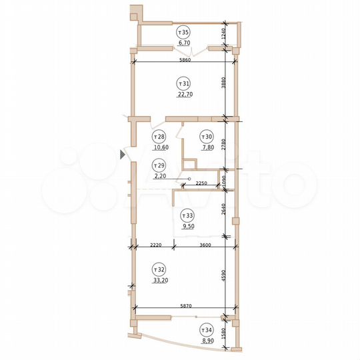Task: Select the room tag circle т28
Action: (159, 136)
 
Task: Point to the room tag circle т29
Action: (159, 165)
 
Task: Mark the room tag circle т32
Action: (159, 270)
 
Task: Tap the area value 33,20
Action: (159, 281)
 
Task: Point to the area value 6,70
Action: (183, 43)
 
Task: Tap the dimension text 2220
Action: (156, 245)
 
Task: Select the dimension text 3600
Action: (205, 245)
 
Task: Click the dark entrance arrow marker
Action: (123, 155)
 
